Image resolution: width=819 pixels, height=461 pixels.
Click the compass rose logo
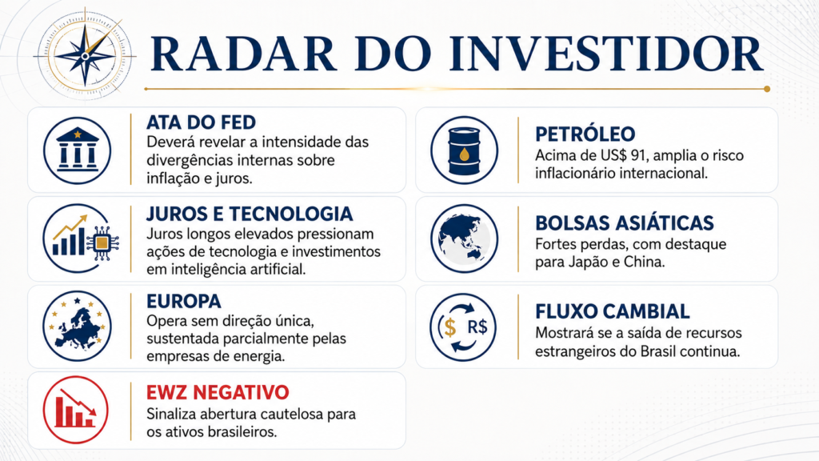point(85,55)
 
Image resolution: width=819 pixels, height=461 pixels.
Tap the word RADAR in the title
point(243,54)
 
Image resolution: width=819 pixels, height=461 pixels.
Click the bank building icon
point(78,150)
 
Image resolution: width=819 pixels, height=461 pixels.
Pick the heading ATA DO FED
point(201,122)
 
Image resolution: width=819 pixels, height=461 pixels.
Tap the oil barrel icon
point(464,150)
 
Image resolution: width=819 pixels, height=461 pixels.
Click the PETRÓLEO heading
point(585,134)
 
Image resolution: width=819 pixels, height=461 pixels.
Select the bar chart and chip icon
point(81,239)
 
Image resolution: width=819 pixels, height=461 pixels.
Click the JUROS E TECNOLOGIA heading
point(250,214)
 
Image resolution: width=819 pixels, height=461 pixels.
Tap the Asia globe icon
point(464,239)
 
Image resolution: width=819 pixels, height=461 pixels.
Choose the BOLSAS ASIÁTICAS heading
point(624,223)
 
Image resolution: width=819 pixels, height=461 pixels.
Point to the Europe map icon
point(78,327)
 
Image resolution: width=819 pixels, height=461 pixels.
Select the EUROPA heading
point(184,302)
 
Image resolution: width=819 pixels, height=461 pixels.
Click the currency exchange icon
point(463,327)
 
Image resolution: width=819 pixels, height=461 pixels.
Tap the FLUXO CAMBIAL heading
point(612,311)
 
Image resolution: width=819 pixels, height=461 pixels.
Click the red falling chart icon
point(76,410)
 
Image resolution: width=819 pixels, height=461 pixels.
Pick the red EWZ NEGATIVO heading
point(218,392)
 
